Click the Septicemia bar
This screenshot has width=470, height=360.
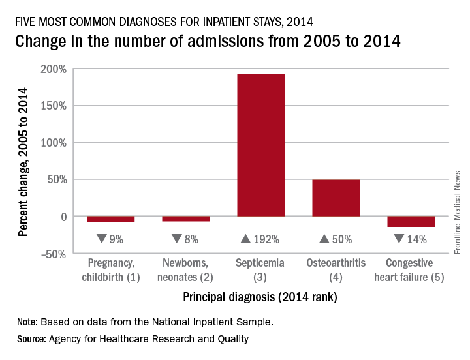tap(260, 145)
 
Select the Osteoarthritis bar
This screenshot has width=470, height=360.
tap(336, 198)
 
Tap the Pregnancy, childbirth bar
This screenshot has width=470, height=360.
tap(110, 219)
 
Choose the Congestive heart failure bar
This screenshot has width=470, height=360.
tap(411, 222)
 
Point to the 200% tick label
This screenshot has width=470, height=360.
tap(53, 69)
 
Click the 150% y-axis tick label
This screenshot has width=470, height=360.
tap(53, 106)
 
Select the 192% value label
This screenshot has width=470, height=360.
tap(266, 239)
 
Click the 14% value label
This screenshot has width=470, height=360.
tap(416, 239)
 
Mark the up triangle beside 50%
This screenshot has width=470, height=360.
tap(324, 239)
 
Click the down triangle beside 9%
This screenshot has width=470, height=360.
tap(101, 239)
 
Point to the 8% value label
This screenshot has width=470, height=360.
tap(191, 239)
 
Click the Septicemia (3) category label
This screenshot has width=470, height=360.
tap(260, 269)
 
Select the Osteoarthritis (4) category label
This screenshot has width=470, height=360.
tap(336, 269)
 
